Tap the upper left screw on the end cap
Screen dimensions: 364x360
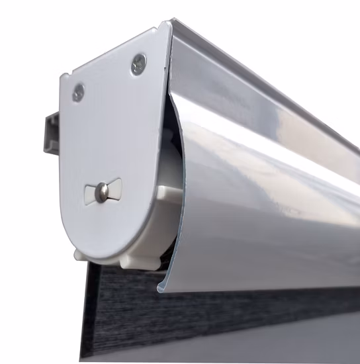(78, 93)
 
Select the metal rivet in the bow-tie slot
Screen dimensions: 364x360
(103, 192)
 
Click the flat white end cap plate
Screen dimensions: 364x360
(112, 132)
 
